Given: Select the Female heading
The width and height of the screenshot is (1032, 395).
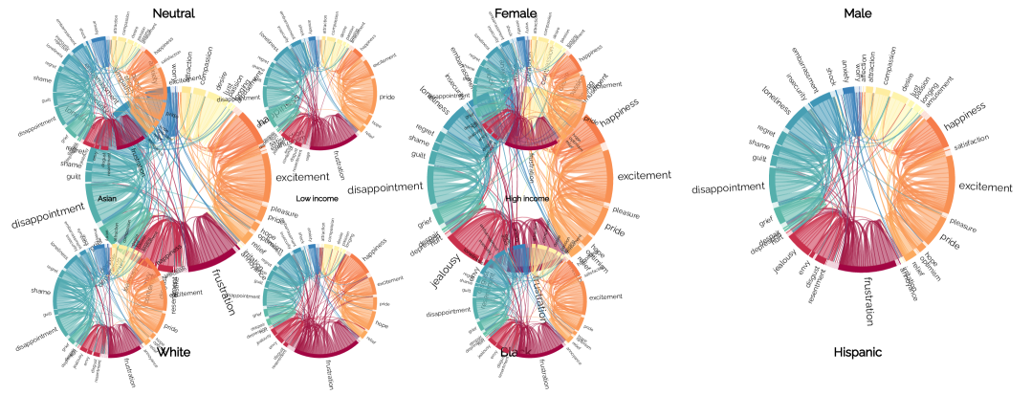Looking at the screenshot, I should (x=516, y=13).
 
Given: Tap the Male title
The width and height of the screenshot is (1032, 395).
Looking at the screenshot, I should (x=857, y=13).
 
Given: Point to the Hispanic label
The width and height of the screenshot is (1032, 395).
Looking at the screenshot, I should (x=857, y=353).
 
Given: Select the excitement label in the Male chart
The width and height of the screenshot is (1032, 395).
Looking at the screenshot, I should (x=985, y=187).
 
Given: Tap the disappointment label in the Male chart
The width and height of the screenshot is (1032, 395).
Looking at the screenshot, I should (x=732, y=187).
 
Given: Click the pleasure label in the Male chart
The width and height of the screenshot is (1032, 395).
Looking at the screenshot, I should (x=962, y=229).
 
